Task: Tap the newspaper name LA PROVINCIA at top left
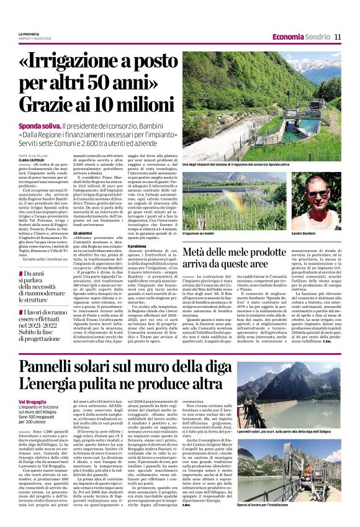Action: pyautogui.click(x=30, y=33)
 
